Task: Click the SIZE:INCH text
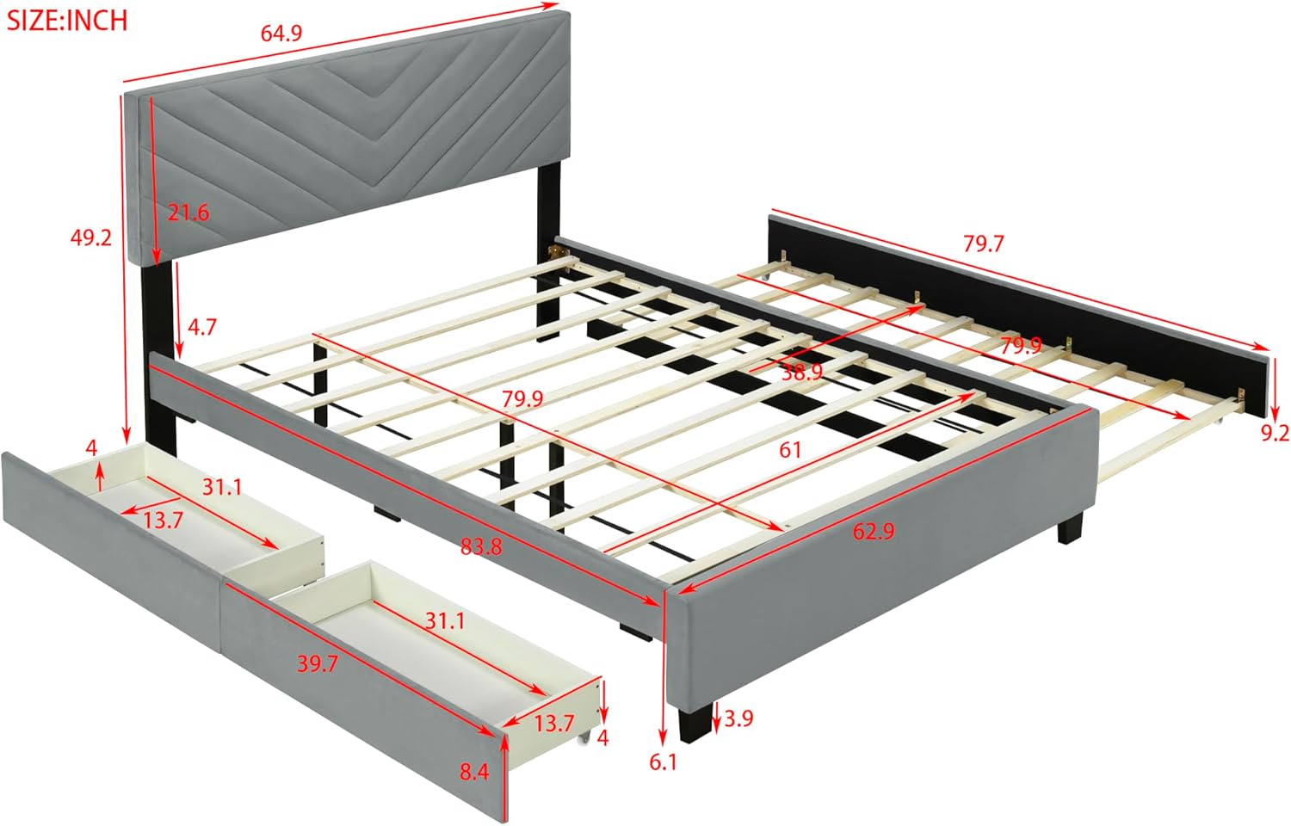[x=67, y=19]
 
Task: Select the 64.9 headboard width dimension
[x=281, y=34]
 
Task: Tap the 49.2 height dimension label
[x=90, y=237]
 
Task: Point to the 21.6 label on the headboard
[x=188, y=212]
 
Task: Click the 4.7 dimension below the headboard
[x=202, y=327]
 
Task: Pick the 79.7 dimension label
[x=983, y=243]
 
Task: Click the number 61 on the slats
[x=790, y=448]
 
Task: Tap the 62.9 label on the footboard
[x=874, y=531]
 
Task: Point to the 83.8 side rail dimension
[x=480, y=545]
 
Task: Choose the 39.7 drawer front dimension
[x=317, y=664]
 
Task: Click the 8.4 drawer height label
[x=474, y=772]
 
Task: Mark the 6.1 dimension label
[x=663, y=761]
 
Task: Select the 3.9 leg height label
[x=738, y=718]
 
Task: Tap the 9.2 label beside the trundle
[x=1275, y=433]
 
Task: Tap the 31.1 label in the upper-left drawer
[x=222, y=487]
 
